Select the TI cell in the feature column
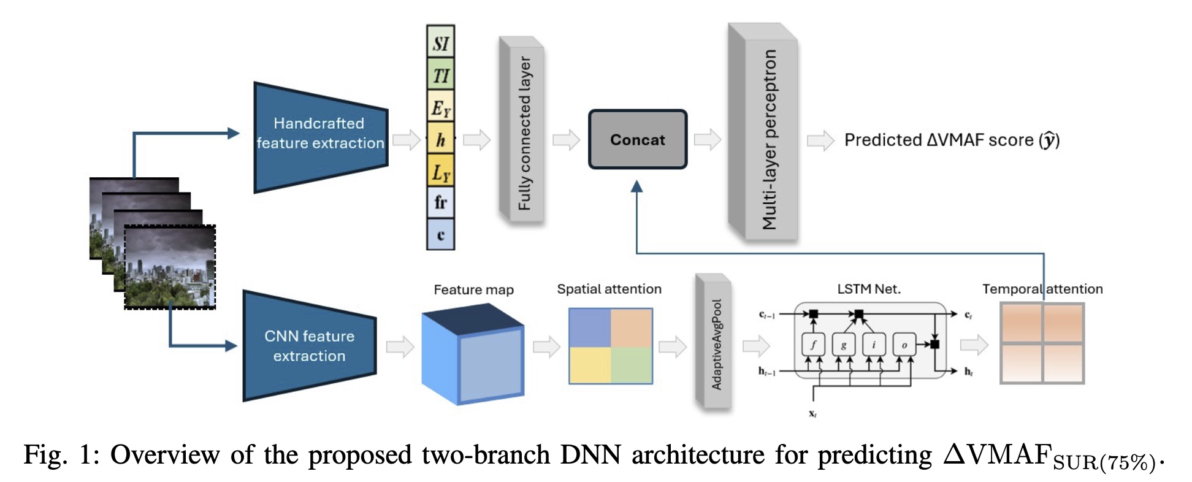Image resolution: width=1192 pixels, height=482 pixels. [440, 75]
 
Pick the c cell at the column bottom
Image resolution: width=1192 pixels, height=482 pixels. [440, 235]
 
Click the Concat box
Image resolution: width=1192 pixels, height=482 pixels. [638, 140]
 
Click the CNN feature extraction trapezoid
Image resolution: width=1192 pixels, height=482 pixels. [309, 346]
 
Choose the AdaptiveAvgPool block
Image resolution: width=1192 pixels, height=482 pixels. [714, 343]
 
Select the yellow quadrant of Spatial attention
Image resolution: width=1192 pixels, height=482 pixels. [590, 365]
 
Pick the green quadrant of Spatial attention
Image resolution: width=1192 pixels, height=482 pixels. [632, 365]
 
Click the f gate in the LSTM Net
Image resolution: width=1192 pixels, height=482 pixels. [813, 345]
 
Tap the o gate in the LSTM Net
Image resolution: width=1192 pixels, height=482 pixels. [904, 345]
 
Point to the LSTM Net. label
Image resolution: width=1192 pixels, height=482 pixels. [869, 289]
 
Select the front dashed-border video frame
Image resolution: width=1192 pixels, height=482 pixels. [170, 267]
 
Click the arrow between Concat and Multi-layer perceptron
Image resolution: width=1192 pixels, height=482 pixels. [707, 140]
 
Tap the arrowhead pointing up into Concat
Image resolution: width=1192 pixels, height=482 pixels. [637, 186]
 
